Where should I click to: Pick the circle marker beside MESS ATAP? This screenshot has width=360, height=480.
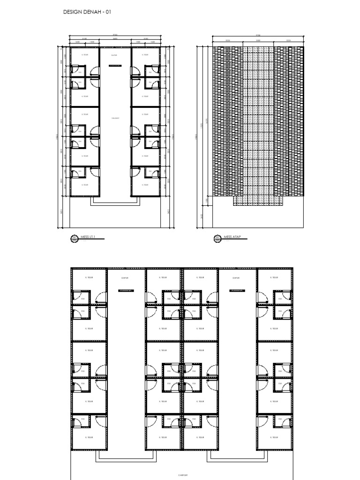[217, 239]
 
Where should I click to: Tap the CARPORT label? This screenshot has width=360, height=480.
[181, 474]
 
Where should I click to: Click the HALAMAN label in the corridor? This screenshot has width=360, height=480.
[115, 118]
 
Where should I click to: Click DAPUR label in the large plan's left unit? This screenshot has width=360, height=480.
[125, 277]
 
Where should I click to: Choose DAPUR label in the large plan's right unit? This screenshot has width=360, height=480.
[236, 277]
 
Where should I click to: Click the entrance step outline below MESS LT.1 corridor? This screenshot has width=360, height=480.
[115, 201]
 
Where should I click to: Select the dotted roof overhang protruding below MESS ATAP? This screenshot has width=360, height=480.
[258, 201]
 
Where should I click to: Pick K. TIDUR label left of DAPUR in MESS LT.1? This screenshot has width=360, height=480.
[85, 54]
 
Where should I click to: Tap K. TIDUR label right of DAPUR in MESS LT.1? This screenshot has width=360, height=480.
[145, 54]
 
